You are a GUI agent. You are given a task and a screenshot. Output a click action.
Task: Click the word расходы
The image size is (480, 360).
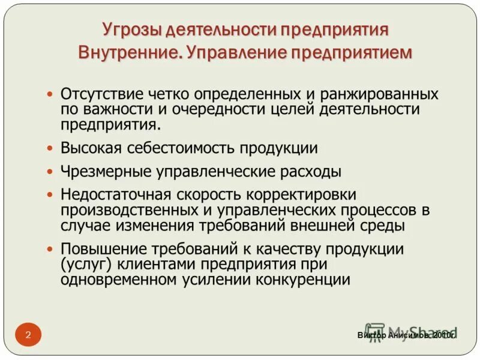311,172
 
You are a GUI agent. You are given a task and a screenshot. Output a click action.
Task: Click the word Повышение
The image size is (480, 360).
100,249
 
